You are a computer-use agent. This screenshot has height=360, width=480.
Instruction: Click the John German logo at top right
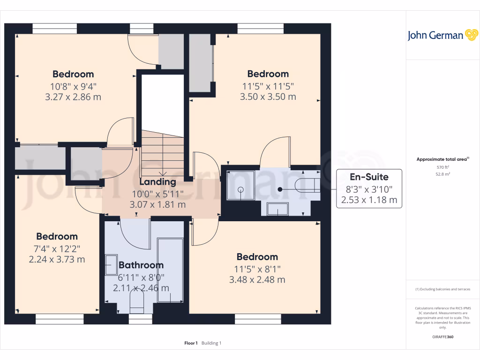pyautogui.click(x=442, y=35)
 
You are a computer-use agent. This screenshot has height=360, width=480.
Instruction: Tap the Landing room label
pyautogui.click(x=157, y=182)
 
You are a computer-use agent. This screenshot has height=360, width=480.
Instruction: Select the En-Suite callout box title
pyautogui.click(x=369, y=177)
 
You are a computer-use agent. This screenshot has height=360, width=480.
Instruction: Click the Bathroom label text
pyautogui.click(x=141, y=265)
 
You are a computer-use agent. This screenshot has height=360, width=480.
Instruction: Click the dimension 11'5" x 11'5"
pyautogui.click(x=268, y=86)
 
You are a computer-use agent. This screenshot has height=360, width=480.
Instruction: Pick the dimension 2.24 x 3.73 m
pyautogui.click(x=57, y=259)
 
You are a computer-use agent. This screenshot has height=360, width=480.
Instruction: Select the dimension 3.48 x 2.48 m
pyautogui.click(x=257, y=280)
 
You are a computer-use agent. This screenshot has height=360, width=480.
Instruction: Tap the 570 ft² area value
pyautogui.click(x=442, y=167)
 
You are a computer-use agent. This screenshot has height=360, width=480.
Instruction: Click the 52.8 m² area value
pyautogui.click(x=442, y=174)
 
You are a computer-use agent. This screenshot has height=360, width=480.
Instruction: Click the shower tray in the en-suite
pyautogui.click(x=240, y=186)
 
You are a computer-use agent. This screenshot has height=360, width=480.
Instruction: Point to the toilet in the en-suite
pyautogui.click(x=307, y=186)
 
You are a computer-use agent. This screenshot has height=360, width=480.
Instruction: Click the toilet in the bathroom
pyautogui.click(x=136, y=303)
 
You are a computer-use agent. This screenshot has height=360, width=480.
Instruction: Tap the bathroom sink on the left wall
pyautogui.click(x=111, y=265)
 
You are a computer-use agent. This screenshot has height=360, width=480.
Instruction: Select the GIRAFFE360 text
pyautogui.click(x=442, y=337)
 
